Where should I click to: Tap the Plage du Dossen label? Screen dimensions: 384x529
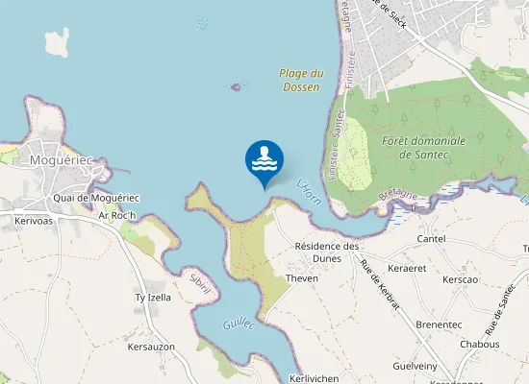301,80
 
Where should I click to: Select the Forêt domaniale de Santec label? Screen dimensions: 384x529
423,147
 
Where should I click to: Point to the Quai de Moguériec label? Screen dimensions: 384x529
97,198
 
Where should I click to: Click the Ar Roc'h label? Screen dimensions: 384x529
119,215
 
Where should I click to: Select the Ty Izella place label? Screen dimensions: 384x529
152,298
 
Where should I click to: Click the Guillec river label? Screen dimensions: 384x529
239,326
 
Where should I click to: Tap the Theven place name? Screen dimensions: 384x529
302,278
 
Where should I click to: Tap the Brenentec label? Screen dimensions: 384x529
439,324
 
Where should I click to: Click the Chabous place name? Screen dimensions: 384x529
480,344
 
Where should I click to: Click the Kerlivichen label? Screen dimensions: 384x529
315,378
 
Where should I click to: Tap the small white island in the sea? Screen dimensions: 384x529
57,40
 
